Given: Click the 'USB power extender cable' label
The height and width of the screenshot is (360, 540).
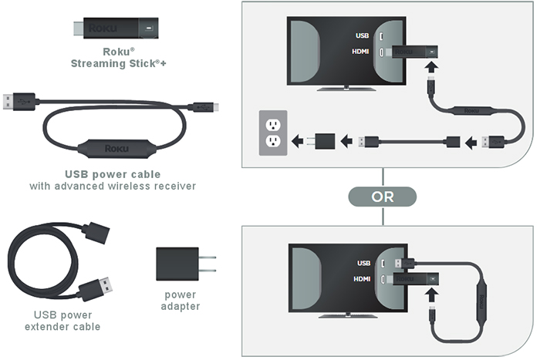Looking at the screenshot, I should click(x=67, y=321).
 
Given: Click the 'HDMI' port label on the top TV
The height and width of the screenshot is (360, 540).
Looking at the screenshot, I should click(x=361, y=52).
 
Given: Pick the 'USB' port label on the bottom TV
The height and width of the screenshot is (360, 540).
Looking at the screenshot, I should click(x=363, y=262).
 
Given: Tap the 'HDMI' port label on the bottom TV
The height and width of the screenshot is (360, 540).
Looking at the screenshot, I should click(x=360, y=278).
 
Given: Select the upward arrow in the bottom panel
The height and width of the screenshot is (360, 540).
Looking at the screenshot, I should click(x=430, y=297).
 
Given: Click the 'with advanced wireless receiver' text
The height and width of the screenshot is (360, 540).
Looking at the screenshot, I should click(x=113, y=186).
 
